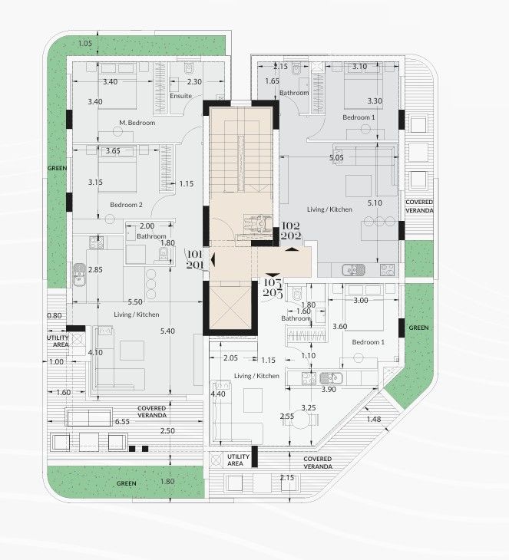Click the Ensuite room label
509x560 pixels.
(x=180, y=97)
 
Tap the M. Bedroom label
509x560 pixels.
(x=137, y=123)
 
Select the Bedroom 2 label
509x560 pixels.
(x=126, y=205)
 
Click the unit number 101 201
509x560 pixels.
(x=194, y=259)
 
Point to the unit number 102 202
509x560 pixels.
(x=291, y=231)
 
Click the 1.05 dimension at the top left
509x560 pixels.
(x=84, y=43)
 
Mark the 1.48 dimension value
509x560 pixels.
(x=373, y=418)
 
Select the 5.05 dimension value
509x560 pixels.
(x=335, y=157)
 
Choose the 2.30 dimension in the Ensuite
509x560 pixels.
(x=194, y=81)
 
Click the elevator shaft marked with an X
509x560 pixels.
(x=230, y=307)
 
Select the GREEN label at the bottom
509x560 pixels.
(x=127, y=484)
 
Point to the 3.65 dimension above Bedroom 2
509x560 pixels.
(x=113, y=151)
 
